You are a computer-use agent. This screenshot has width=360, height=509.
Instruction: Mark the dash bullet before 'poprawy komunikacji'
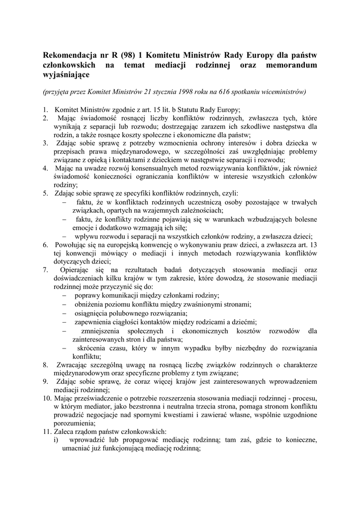click(x=64, y=295)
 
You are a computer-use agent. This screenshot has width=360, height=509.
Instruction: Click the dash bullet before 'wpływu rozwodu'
click(x=64, y=236)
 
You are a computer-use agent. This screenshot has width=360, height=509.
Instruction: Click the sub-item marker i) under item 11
click(x=56, y=440)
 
